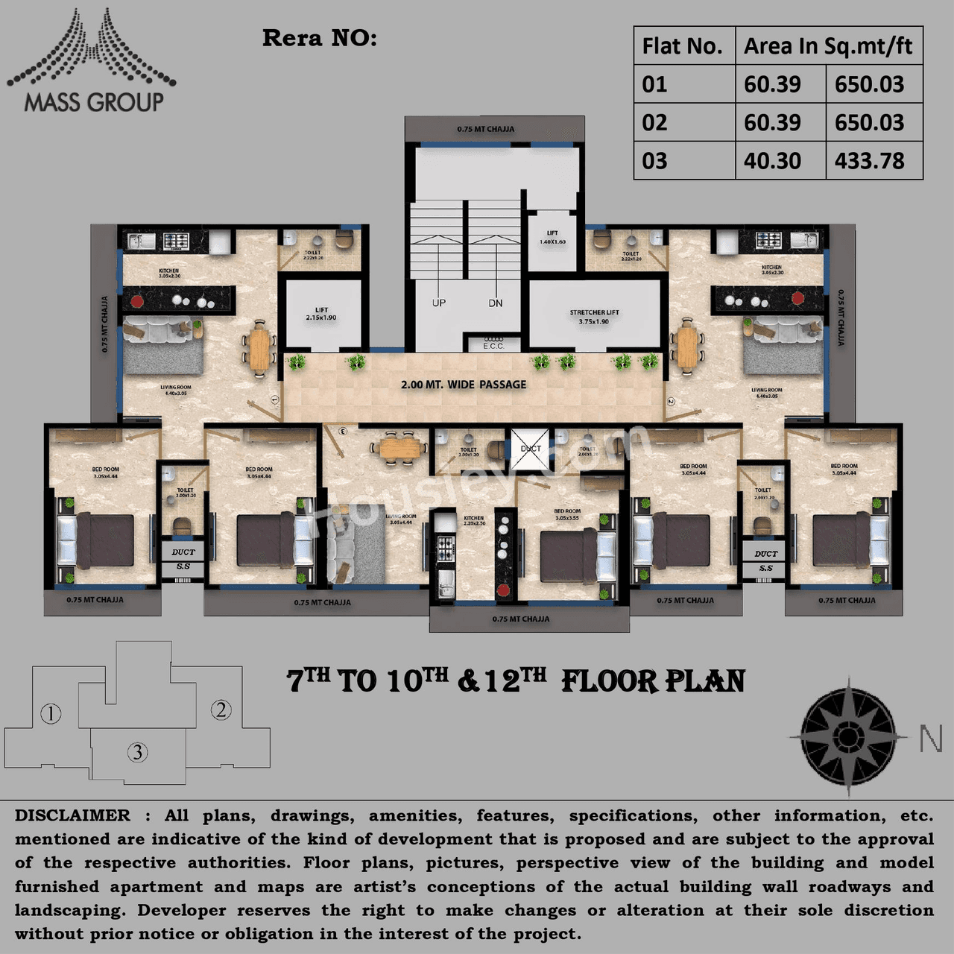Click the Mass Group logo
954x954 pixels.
pos(91,61)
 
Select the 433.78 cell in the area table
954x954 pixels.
pos(869,161)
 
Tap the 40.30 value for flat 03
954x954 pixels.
pos(772,161)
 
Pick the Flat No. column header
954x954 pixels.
pos(682,46)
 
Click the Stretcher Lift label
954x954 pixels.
pos(594,317)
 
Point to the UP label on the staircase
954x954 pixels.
pos(439,303)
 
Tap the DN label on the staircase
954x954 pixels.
pos(496,303)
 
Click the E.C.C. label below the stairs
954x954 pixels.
pos(493,346)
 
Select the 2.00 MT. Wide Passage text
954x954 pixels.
pos(464,385)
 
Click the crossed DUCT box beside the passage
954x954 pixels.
pos(530,449)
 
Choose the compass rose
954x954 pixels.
pos(847,736)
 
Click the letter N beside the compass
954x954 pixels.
pos(930,739)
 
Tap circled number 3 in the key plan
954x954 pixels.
pos(137,752)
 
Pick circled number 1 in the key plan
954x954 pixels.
pos(50,714)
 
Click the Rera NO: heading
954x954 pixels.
pos(320,39)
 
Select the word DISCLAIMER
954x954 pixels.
pos(72,815)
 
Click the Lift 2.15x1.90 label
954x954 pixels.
pos(321,314)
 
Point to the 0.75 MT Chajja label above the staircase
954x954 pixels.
pos(486,129)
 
